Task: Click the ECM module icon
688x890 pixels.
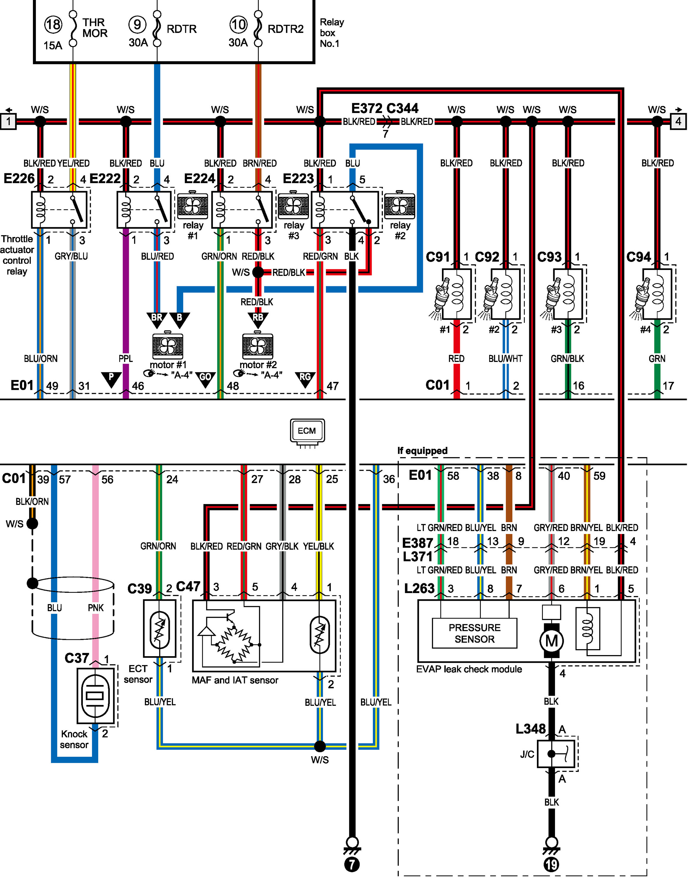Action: pyautogui.click(x=307, y=431)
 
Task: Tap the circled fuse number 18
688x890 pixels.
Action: pyautogui.click(x=53, y=24)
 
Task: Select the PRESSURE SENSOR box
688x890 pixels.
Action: pyautogui.click(x=474, y=633)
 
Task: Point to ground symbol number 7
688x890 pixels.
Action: pyautogui.click(x=352, y=864)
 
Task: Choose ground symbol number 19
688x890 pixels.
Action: pyautogui.click(x=551, y=864)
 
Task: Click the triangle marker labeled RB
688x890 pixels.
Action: pyautogui.click(x=258, y=319)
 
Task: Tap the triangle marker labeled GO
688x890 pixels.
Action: pyautogui.click(x=205, y=378)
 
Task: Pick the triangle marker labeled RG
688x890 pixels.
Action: pyautogui.click(x=305, y=378)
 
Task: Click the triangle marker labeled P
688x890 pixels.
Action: pyautogui.click(x=111, y=378)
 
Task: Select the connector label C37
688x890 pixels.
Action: pyautogui.click(x=77, y=658)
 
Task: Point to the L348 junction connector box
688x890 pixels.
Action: pyautogui.click(x=556, y=754)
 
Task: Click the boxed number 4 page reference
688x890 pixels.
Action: pyautogui.click(x=678, y=121)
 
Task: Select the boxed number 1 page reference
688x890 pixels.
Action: pyautogui.click(x=8, y=121)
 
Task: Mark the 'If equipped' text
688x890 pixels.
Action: pyautogui.click(x=422, y=451)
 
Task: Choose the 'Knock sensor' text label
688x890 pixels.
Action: pyautogui.click(x=74, y=739)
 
